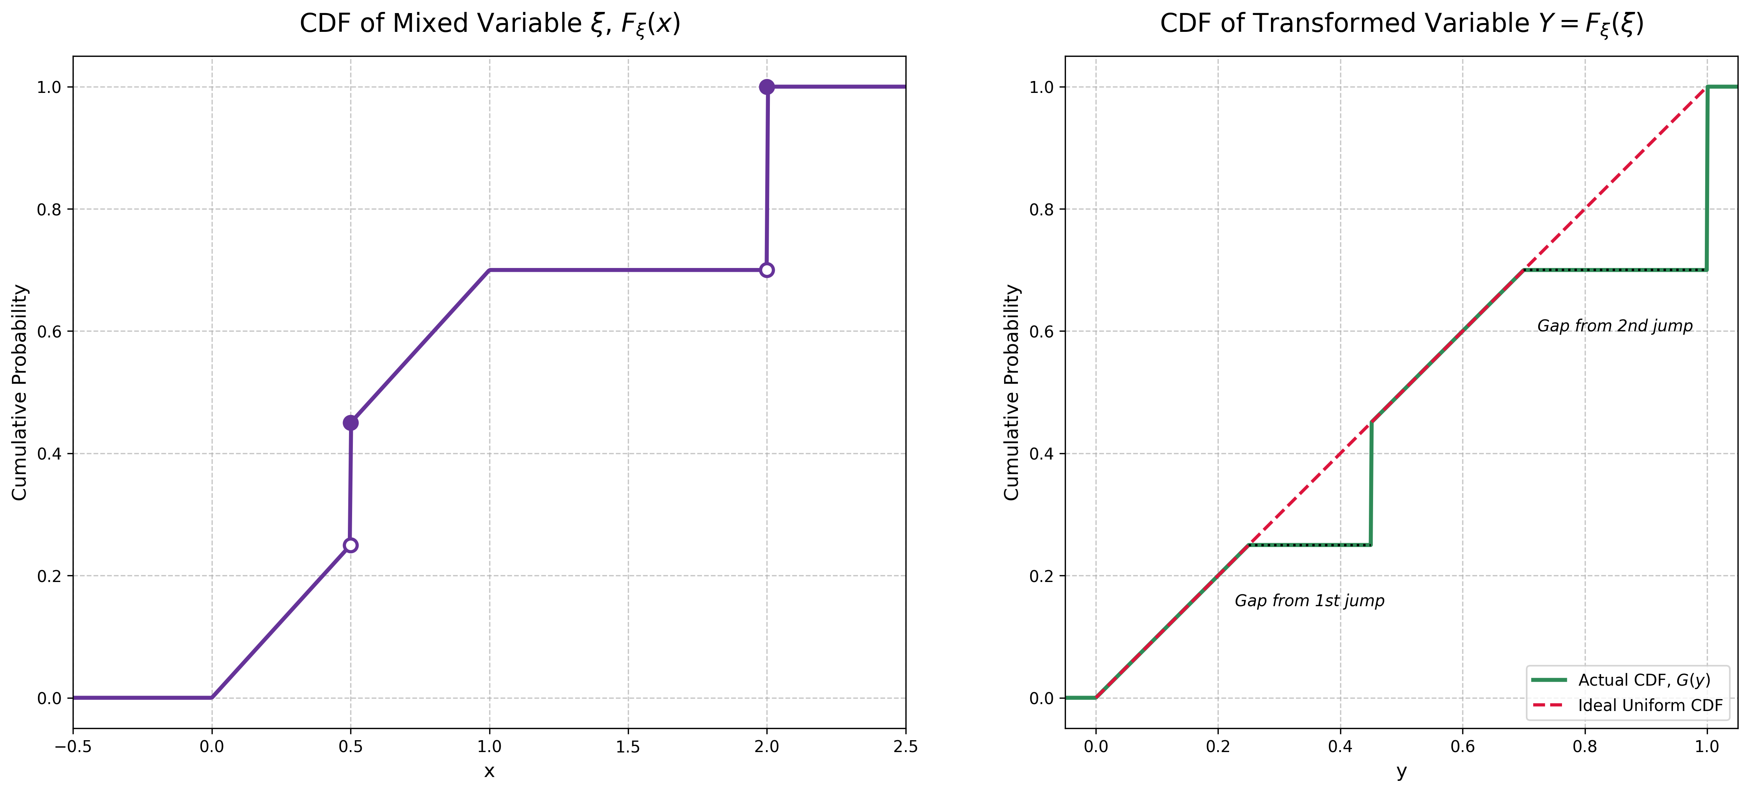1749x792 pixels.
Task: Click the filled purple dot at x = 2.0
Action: (766, 87)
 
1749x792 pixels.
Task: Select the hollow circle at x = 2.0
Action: (766, 270)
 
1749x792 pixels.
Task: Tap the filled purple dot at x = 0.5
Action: (350, 423)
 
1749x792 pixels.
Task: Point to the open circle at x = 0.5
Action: (350, 545)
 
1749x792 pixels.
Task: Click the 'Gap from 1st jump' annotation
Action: (1309, 600)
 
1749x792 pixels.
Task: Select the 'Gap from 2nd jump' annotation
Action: (1615, 326)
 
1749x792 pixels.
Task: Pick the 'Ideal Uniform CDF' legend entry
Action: (1650, 705)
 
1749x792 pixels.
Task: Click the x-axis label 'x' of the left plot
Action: (489, 772)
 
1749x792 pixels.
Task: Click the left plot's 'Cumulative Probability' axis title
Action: (20, 392)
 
